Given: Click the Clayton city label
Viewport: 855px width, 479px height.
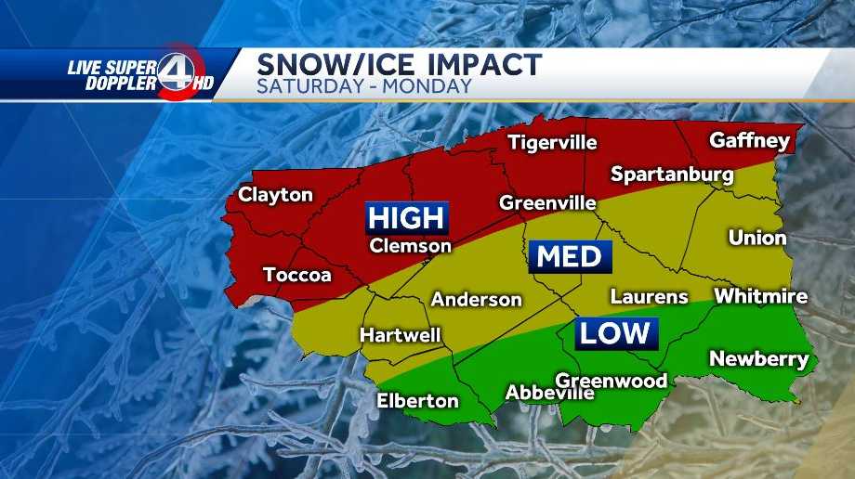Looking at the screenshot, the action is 275,195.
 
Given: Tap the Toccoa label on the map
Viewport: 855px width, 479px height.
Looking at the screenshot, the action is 297,275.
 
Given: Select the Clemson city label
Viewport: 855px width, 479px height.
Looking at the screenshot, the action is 410,246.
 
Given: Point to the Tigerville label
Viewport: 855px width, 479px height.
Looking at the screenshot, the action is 552,143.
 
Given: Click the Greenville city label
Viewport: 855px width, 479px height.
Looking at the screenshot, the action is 547,202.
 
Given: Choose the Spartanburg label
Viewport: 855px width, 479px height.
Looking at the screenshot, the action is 672,175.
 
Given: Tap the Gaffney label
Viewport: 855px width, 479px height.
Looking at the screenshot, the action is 749,141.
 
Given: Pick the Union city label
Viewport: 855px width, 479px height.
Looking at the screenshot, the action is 756,238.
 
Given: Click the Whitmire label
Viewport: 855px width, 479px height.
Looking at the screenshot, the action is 760,297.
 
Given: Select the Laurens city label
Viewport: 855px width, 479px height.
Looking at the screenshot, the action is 649,297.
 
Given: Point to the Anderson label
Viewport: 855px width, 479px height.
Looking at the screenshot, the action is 476,300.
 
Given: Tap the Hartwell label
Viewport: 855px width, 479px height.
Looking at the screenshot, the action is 401,335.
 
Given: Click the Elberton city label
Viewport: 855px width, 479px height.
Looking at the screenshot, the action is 417,401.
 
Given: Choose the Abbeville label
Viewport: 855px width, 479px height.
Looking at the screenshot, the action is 548,394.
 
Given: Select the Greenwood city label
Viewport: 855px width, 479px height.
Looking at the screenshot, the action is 611,381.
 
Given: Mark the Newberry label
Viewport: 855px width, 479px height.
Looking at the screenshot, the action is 758,359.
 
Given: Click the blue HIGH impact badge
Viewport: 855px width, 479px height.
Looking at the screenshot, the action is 406,218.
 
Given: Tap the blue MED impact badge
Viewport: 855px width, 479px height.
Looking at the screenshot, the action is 570,256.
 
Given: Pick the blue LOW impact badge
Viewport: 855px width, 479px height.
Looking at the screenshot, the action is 615,333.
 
